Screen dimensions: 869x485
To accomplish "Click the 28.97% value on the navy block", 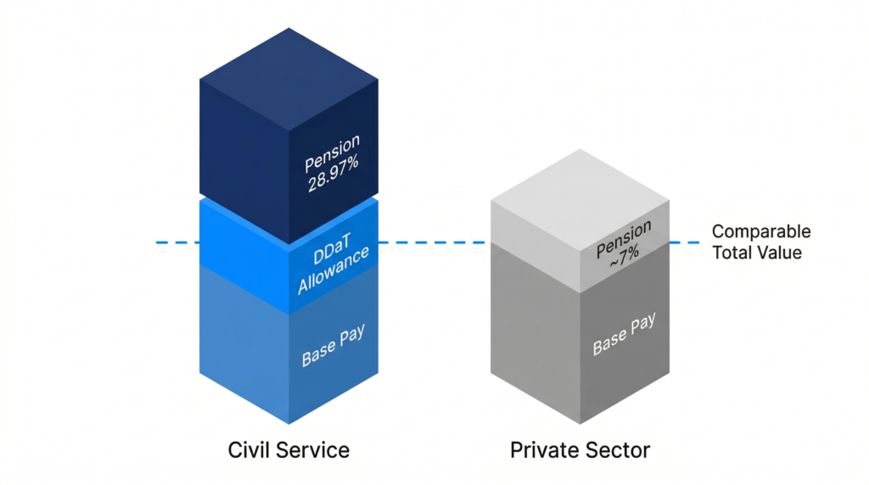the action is click(x=333, y=174).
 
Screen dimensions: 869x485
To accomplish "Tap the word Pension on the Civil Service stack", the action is click(x=332, y=153).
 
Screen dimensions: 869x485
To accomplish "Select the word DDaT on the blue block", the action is click(x=332, y=248).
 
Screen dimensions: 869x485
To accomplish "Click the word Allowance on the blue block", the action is click(x=333, y=270).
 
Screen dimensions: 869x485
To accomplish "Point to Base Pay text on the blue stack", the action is click(x=333, y=345).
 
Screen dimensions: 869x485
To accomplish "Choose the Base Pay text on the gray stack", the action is click(x=624, y=334).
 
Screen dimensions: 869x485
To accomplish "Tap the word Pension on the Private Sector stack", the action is click(x=624, y=239).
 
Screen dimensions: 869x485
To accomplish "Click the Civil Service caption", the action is click(x=289, y=450).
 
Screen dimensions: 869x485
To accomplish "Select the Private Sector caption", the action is click(x=580, y=450).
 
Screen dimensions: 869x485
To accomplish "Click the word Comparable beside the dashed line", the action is click(x=761, y=231).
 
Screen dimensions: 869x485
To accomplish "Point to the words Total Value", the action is click(x=757, y=253).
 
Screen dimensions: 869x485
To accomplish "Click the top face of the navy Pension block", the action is click(x=289, y=79).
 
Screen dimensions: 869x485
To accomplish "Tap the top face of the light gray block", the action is click(x=580, y=200).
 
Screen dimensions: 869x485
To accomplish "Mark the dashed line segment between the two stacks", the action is click(x=434, y=242).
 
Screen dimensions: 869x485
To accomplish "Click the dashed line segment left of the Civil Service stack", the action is click(x=177, y=242).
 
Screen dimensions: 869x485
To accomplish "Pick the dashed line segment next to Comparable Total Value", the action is click(x=685, y=242).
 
